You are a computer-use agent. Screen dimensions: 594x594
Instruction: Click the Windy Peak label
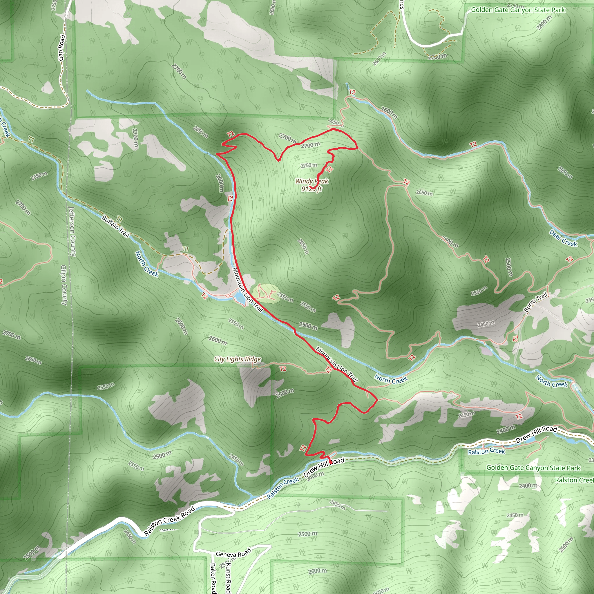coord(312,181)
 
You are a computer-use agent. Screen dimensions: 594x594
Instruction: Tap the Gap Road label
coord(62,48)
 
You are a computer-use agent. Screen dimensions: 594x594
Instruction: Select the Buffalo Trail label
coord(115,227)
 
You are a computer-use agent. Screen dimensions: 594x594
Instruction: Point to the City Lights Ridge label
coord(237,359)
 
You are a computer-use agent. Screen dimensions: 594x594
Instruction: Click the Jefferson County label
coord(72,231)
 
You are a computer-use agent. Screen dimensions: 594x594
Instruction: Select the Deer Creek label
coord(563,238)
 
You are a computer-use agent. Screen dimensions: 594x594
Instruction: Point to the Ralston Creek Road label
coord(169,521)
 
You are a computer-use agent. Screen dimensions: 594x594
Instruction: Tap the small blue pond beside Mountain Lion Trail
coord(239,298)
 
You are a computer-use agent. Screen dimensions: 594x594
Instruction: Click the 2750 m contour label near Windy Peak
coord(308,165)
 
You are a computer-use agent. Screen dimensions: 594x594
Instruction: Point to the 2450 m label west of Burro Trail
coord(486,323)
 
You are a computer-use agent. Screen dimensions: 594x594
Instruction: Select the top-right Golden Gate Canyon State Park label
coord(518,10)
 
